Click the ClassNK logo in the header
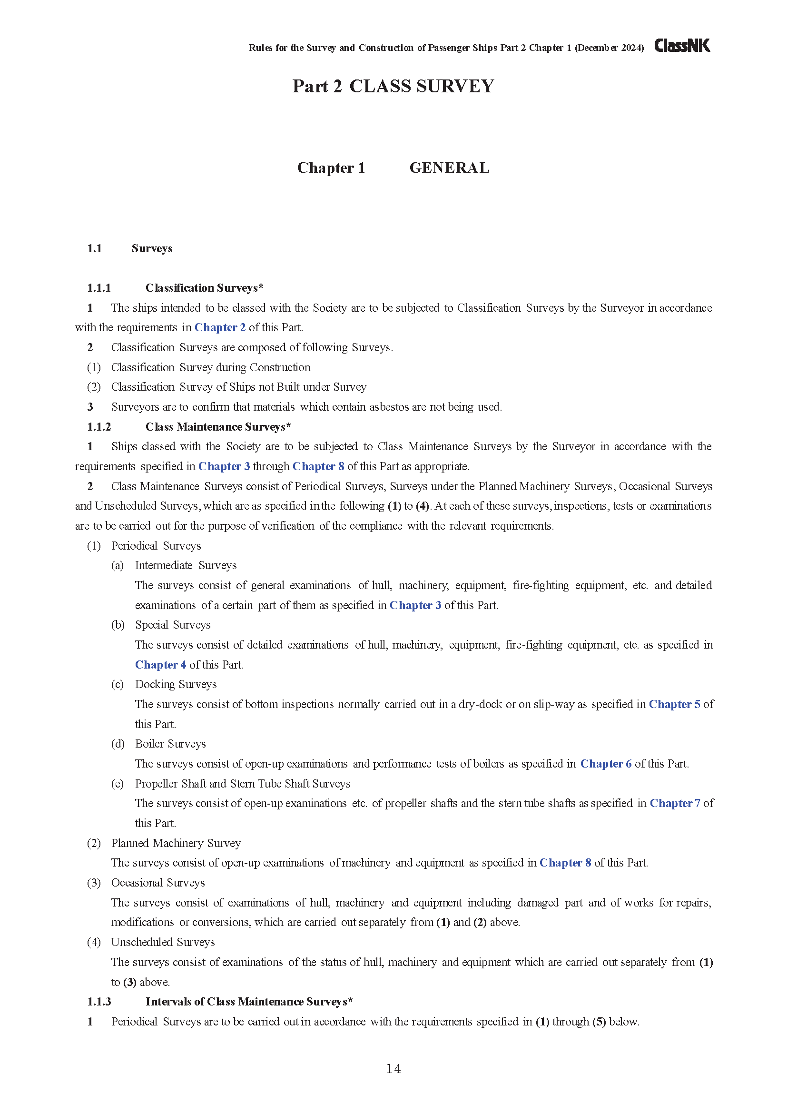pyautogui.click(x=682, y=46)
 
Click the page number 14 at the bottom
pyautogui.click(x=393, y=1068)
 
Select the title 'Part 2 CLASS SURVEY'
pyautogui.click(x=393, y=86)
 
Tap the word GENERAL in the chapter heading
pyautogui.click(x=449, y=167)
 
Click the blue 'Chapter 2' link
pyautogui.click(x=220, y=328)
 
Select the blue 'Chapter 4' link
pyautogui.click(x=160, y=665)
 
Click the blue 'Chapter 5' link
pyautogui.click(x=674, y=704)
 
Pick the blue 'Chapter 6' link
pyautogui.click(x=606, y=764)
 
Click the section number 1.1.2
pyautogui.click(x=99, y=426)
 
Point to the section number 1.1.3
pyautogui.click(x=99, y=1002)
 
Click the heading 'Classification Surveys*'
pyautogui.click(x=204, y=288)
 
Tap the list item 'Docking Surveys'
pyautogui.click(x=176, y=684)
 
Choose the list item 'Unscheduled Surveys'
pyautogui.click(x=163, y=942)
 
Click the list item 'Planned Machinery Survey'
pyautogui.click(x=176, y=843)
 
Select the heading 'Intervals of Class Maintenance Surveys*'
pyautogui.click(x=249, y=1002)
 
